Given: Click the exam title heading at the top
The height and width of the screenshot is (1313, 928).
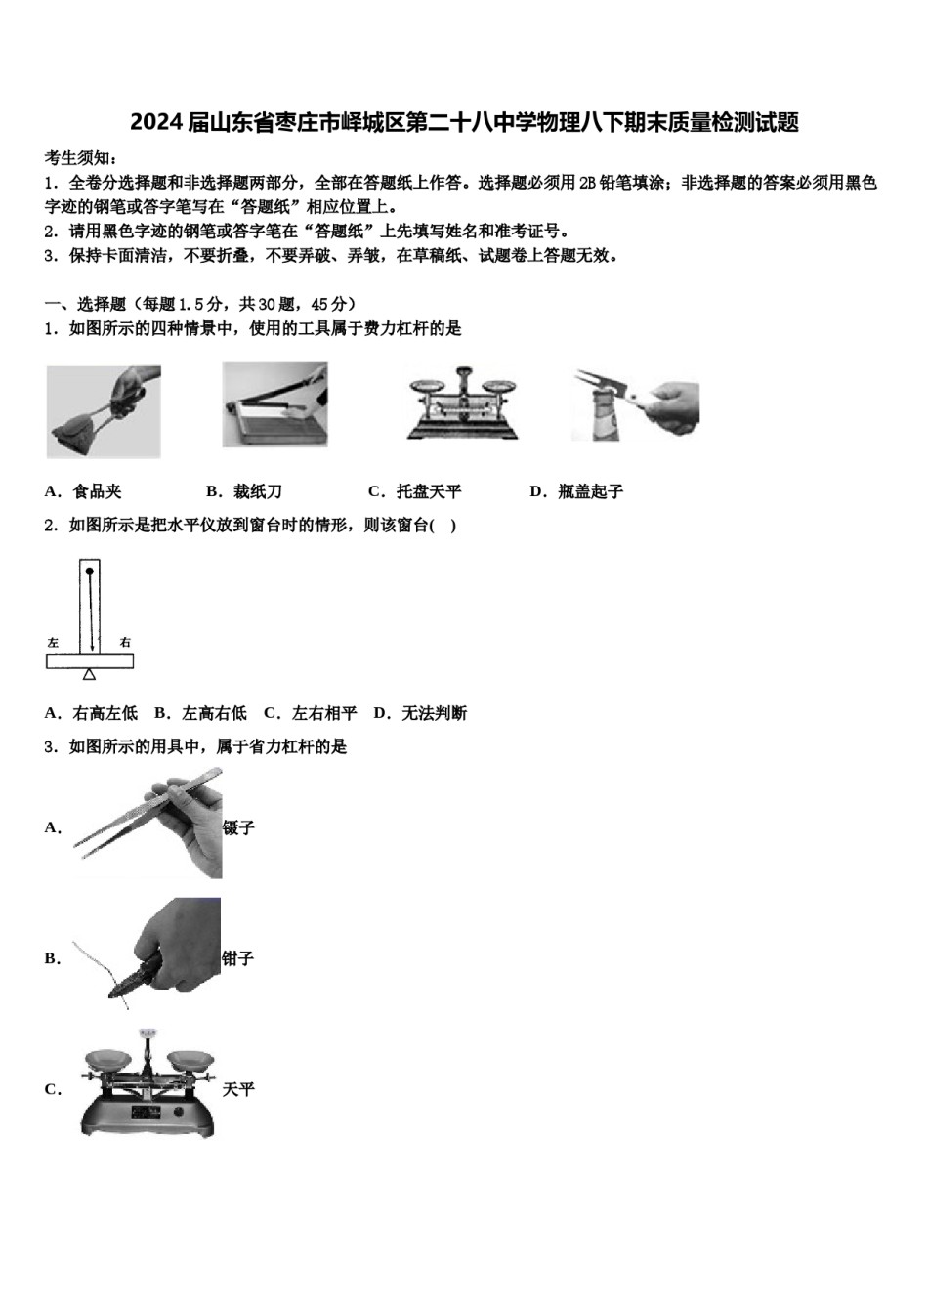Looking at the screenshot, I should point(464,122).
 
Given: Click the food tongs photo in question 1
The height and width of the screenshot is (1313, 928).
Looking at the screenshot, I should point(104,411).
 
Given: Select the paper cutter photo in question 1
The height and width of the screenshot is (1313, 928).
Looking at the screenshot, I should point(274,404).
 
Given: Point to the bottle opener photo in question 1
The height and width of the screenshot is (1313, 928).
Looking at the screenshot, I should point(635,404).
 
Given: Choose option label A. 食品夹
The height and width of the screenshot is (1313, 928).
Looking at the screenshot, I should point(84,491).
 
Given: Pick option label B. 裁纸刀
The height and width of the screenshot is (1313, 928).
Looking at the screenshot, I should point(244,491).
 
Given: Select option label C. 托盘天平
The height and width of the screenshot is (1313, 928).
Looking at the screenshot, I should point(414,491).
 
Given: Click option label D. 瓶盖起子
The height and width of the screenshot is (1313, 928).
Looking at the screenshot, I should point(576,491).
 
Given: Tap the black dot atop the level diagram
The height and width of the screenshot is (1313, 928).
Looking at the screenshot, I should point(90,571).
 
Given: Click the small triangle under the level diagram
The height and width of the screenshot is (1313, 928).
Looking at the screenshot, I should point(90,674).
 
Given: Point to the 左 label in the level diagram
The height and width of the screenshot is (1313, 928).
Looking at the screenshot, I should point(53,642).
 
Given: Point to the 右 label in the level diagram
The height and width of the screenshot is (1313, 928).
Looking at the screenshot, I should point(125,642).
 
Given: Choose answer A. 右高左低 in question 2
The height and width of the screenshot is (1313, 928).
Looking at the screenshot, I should point(92,713).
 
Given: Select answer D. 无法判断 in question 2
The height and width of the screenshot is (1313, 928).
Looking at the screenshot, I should point(421,713).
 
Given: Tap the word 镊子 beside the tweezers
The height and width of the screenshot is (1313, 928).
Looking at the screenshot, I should point(238,827).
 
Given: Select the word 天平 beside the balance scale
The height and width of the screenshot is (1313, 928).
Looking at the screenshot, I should point(238,1089).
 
